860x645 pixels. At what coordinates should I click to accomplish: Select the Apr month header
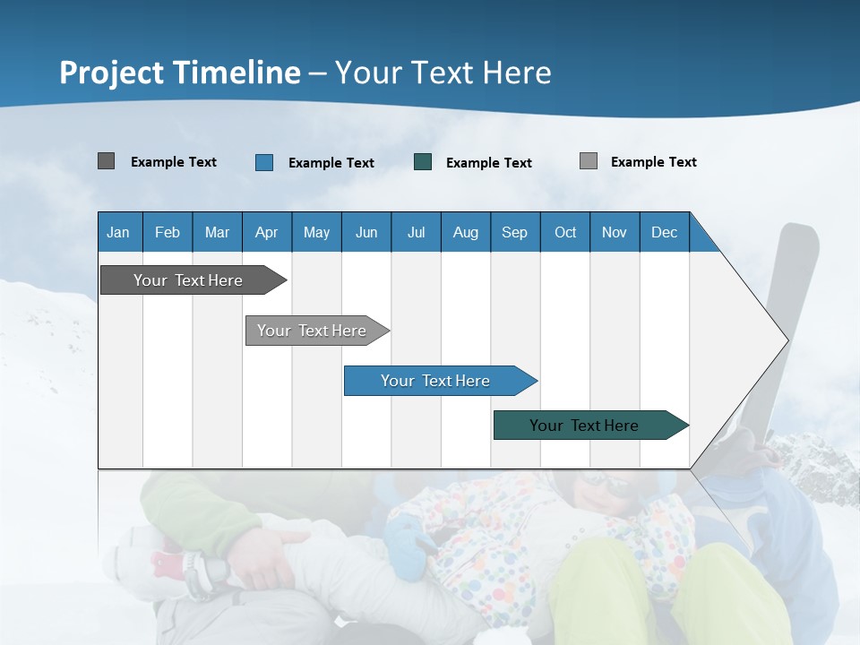pyautogui.click(x=267, y=232)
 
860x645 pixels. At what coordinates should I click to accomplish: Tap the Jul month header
pyautogui.click(x=417, y=232)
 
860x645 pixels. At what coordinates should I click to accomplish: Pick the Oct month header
pyautogui.click(x=565, y=232)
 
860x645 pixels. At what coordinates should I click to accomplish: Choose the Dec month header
pyautogui.click(x=665, y=232)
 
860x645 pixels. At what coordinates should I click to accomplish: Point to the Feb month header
pyautogui.click(x=168, y=232)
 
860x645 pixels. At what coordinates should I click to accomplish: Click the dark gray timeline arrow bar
pyautogui.click(x=193, y=279)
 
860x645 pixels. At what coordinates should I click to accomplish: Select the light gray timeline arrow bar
pyautogui.click(x=317, y=331)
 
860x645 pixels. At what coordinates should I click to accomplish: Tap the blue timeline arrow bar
pyautogui.click(x=441, y=381)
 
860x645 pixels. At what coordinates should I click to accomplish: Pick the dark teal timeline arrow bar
pyautogui.click(x=591, y=425)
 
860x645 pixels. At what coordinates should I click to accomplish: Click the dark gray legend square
pyautogui.click(x=106, y=160)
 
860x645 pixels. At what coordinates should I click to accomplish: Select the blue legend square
pyautogui.click(x=264, y=162)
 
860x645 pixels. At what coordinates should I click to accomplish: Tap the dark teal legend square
pyautogui.click(x=422, y=162)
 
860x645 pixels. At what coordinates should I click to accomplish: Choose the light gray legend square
pyautogui.click(x=589, y=160)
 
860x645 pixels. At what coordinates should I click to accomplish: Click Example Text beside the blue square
pyautogui.click(x=331, y=163)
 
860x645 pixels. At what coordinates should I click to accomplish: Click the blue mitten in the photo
pyautogui.click(x=407, y=546)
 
